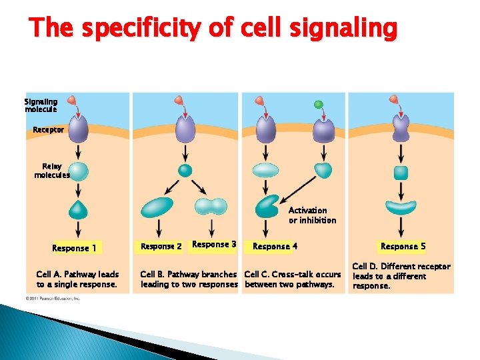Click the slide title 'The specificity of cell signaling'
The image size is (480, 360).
[x=213, y=29]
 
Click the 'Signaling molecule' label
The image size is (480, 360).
[x=41, y=105]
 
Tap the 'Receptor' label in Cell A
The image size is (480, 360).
[x=49, y=129]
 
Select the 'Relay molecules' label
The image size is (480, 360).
[x=51, y=171]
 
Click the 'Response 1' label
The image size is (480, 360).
[x=74, y=249]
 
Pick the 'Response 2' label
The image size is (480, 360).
[x=161, y=247]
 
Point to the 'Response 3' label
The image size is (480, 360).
[x=213, y=245]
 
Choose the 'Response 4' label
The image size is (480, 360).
[x=275, y=247]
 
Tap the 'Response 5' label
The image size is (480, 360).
[x=403, y=247]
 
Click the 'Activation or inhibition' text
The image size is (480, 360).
[x=312, y=215]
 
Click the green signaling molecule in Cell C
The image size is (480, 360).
[x=319, y=105]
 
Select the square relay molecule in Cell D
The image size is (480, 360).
[x=401, y=173]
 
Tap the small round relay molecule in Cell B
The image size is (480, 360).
[x=185, y=170]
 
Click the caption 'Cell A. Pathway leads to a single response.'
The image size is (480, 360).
[x=77, y=279]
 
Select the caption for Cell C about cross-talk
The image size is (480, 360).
[x=292, y=279]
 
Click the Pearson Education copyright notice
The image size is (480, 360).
[x=53, y=299]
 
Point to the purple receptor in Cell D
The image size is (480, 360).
[x=401, y=129]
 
